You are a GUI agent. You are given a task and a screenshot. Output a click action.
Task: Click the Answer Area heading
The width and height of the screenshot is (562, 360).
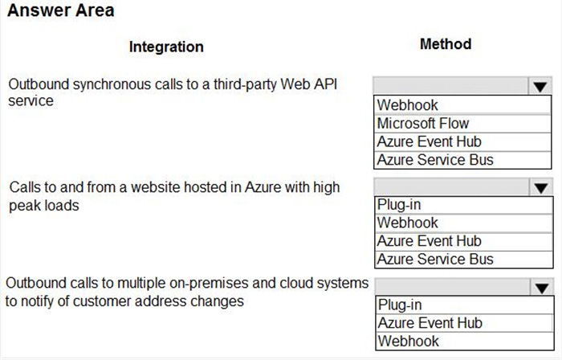point(61,10)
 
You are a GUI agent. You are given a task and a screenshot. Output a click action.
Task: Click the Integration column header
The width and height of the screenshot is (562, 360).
point(166,47)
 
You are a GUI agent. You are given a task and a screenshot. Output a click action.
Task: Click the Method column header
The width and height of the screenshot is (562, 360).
point(446,44)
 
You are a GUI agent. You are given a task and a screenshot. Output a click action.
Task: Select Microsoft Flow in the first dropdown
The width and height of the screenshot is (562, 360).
point(423,123)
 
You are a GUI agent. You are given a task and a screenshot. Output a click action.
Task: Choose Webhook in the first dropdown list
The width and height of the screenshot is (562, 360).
point(407,105)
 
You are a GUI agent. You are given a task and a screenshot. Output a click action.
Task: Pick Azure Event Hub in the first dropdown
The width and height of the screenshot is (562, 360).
point(429,141)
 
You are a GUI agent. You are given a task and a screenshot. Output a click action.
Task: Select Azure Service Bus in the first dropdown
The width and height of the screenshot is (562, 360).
point(435,160)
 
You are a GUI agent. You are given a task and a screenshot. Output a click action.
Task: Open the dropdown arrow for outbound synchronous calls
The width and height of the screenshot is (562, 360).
point(540,86)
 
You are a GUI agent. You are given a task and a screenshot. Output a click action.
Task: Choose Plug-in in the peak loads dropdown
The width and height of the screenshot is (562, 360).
point(399,205)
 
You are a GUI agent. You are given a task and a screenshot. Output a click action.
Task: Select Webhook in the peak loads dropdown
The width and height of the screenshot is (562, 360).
point(408,223)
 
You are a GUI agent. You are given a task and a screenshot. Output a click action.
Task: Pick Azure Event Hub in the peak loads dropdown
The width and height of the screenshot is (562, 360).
point(429,241)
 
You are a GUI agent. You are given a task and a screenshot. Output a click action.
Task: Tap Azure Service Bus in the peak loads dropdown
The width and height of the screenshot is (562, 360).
point(435,260)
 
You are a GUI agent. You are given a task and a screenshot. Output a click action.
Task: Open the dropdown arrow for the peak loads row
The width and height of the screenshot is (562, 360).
point(541,186)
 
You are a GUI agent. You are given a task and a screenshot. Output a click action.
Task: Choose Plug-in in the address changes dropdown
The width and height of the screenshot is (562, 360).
point(400,305)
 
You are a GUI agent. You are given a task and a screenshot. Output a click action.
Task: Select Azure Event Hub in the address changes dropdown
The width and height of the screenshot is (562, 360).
point(430,323)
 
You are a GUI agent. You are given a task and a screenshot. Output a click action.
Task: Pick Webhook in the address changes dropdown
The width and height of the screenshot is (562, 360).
point(408,342)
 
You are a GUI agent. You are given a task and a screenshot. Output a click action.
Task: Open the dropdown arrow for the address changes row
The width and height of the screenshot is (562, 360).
point(542,287)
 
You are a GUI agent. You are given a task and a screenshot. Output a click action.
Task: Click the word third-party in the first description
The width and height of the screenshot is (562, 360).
point(245,85)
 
